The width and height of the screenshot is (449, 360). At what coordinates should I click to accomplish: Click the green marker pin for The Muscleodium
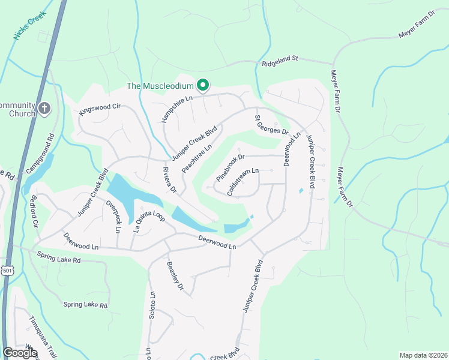click(x=203, y=86)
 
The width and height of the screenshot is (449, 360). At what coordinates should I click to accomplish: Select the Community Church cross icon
click(x=44, y=109)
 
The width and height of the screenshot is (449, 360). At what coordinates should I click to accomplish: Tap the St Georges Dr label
click(x=272, y=125)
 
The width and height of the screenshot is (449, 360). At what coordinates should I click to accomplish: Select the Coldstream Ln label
click(x=243, y=182)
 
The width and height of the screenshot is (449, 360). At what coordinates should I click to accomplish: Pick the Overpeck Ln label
click(x=113, y=216)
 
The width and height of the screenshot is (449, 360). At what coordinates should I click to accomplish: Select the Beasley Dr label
click(x=175, y=277)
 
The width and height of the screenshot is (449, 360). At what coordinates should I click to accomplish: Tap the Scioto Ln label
click(x=152, y=305)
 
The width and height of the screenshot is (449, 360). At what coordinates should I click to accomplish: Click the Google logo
click(x=20, y=353)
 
